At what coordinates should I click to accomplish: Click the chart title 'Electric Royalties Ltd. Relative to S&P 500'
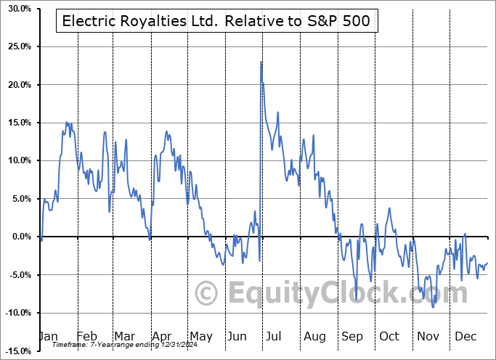(x=216, y=21)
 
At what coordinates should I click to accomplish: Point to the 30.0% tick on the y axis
(x=17, y=9)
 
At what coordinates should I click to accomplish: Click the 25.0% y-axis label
(x=17, y=46)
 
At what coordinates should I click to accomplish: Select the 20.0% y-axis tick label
(x=17, y=85)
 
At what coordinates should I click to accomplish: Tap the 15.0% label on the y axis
(x=17, y=123)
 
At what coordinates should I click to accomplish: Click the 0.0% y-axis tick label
(x=20, y=237)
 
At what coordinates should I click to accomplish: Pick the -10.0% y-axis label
(x=16, y=313)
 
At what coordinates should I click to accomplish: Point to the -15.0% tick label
(x=16, y=351)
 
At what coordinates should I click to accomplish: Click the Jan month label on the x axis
(x=47, y=336)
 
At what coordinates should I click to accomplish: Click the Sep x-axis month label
(x=351, y=336)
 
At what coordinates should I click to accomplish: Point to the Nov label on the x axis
(x=426, y=336)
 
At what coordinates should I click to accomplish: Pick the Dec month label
(x=464, y=336)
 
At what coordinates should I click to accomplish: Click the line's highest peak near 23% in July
(x=261, y=62)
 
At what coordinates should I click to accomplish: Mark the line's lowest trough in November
(x=434, y=307)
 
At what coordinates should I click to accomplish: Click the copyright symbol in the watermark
(x=207, y=293)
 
